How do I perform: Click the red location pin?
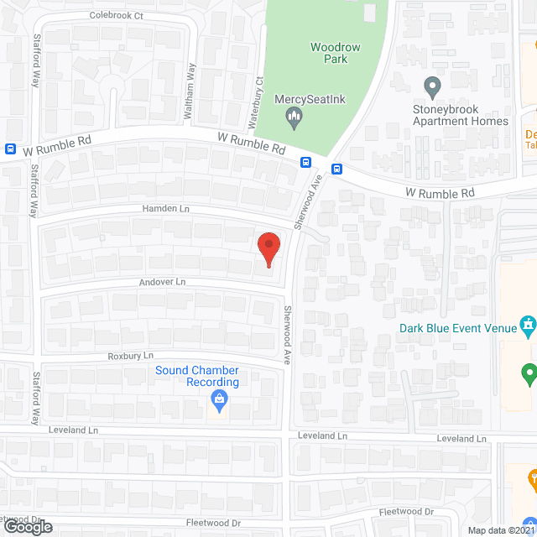(x=268, y=248)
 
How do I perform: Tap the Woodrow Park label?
(x=335, y=53)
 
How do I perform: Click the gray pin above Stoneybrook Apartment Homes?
(x=432, y=86)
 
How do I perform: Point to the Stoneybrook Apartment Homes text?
(x=460, y=115)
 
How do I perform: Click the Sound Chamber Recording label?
(x=197, y=376)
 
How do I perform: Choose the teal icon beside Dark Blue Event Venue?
(x=528, y=324)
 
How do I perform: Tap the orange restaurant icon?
(x=531, y=479)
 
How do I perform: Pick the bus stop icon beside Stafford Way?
(x=10, y=149)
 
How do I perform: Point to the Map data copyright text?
(x=501, y=530)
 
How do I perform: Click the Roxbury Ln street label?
(x=131, y=356)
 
